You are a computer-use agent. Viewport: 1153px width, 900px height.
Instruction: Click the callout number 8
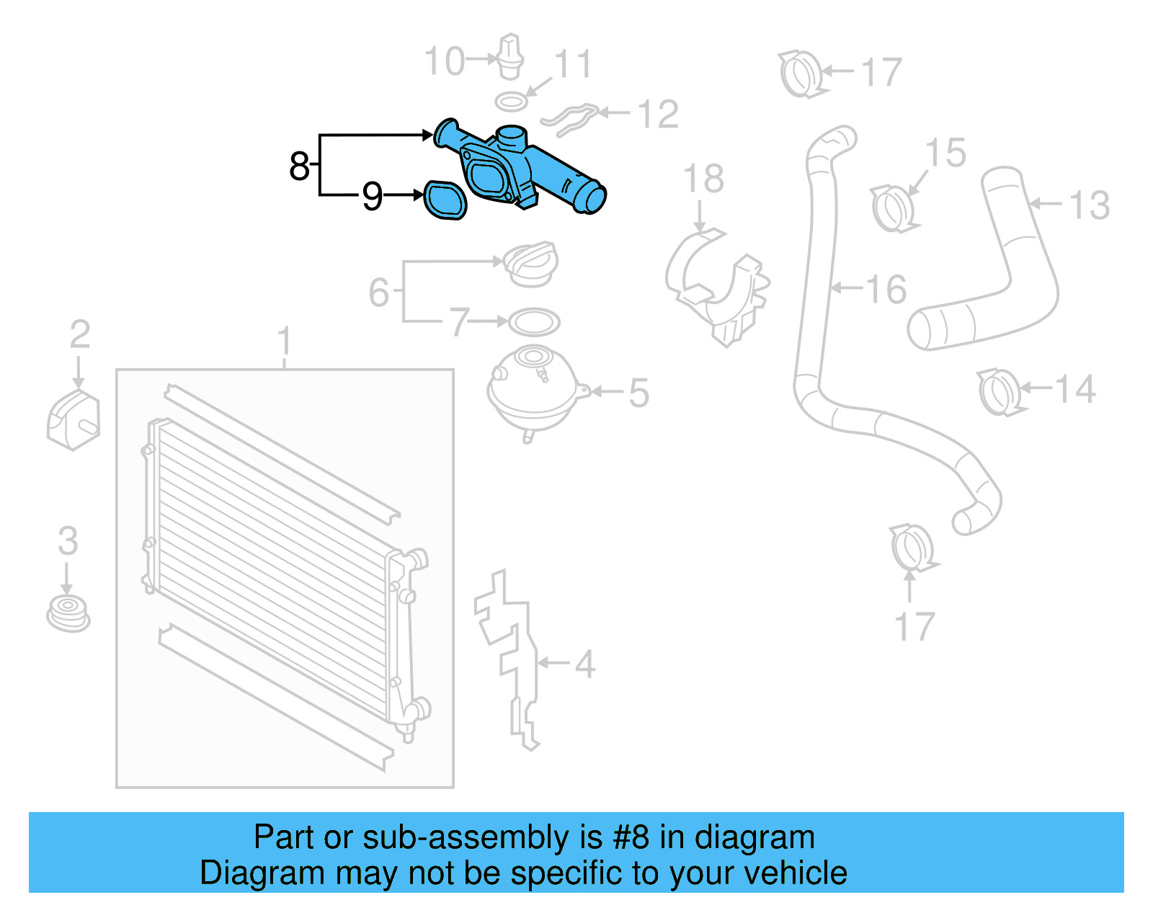pyautogui.click(x=299, y=166)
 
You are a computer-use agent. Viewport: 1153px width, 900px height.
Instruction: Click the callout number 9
pyautogui.click(x=372, y=196)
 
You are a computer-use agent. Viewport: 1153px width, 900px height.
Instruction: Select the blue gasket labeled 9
pyautogui.click(x=445, y=200)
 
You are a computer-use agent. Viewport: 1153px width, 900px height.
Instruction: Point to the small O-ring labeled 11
pyautogui.click(x=511, y=102)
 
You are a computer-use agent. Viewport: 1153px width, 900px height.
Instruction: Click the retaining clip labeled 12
pyautogui.click(x=570, y=118)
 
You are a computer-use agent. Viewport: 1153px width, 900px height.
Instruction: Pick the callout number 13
pyautogui.click(x=1089, y=205)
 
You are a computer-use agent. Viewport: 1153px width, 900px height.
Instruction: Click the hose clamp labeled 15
pyautogui.click(x=894, y=208)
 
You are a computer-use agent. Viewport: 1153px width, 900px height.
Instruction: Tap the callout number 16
pyautogui.click(x=886, y=290)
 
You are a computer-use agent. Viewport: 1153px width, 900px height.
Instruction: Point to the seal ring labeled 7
pyautogui.click(x=534, y=321)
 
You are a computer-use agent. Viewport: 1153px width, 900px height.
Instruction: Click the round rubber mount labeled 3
pyautogui.click(x=68, y=613)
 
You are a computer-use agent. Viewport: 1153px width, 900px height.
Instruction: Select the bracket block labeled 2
pyautogui.click(x=73, y=421)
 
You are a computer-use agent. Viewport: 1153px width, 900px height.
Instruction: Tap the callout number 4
pyautogui.click(x=584, y=664)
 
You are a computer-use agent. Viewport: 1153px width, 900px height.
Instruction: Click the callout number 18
pyautogui.click(x=703, y=179)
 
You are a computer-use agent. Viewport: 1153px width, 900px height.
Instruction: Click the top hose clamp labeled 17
pyautogui.click(x=801, y=74)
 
